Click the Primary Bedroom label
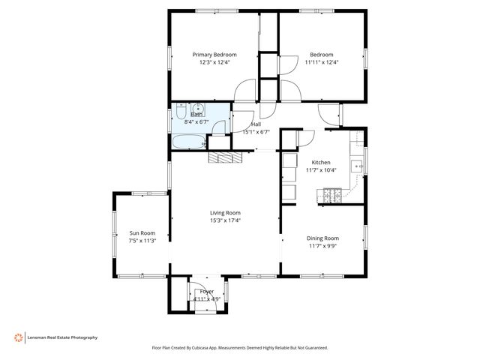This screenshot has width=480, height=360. coord(214,55)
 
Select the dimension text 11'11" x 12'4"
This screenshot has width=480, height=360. coord(322,62)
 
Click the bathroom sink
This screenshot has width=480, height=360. coord(196,108)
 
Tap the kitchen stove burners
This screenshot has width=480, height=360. coord(331,196)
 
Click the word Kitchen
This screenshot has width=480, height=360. coord(321,162)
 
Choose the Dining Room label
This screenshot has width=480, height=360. coord(322,238)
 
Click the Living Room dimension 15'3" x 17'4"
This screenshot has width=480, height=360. coord(225,220)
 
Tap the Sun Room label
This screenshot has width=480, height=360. coord(142,232)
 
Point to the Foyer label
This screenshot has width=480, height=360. coord(206,291)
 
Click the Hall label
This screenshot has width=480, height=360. coord(256,124)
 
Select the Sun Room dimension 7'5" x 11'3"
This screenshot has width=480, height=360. coord(142,241)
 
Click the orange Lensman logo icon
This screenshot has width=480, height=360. coord(18,337)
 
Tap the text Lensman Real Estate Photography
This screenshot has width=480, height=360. coord(62,337)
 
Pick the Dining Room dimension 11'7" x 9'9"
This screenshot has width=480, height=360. coord(322,246)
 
